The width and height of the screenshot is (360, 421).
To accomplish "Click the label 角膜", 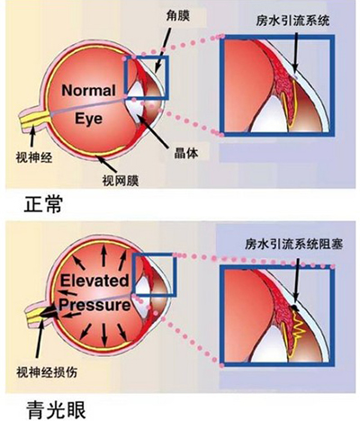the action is (178, 17).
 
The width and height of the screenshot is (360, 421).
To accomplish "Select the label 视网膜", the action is (121, 181).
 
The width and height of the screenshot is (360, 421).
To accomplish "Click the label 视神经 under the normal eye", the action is (34, 157).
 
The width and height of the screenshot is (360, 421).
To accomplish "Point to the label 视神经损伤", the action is (47, 372).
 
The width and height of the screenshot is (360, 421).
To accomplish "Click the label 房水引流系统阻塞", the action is (293, 245).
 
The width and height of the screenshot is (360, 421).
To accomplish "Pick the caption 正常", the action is (43, 204).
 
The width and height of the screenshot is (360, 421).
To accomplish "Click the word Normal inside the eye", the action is (88, 90).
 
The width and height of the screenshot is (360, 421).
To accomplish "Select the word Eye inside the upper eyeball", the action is (88, 119).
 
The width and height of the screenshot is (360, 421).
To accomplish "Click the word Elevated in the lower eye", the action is (94, 281).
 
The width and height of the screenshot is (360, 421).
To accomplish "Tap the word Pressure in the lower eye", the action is (94, 306).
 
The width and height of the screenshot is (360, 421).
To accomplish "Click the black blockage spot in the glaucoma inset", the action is (295, 308).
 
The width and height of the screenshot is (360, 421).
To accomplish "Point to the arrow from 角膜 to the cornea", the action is (162, 50).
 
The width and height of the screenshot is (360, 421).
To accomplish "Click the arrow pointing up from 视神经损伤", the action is (40, 338).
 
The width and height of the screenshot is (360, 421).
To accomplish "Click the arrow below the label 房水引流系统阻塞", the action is (296, 281).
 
